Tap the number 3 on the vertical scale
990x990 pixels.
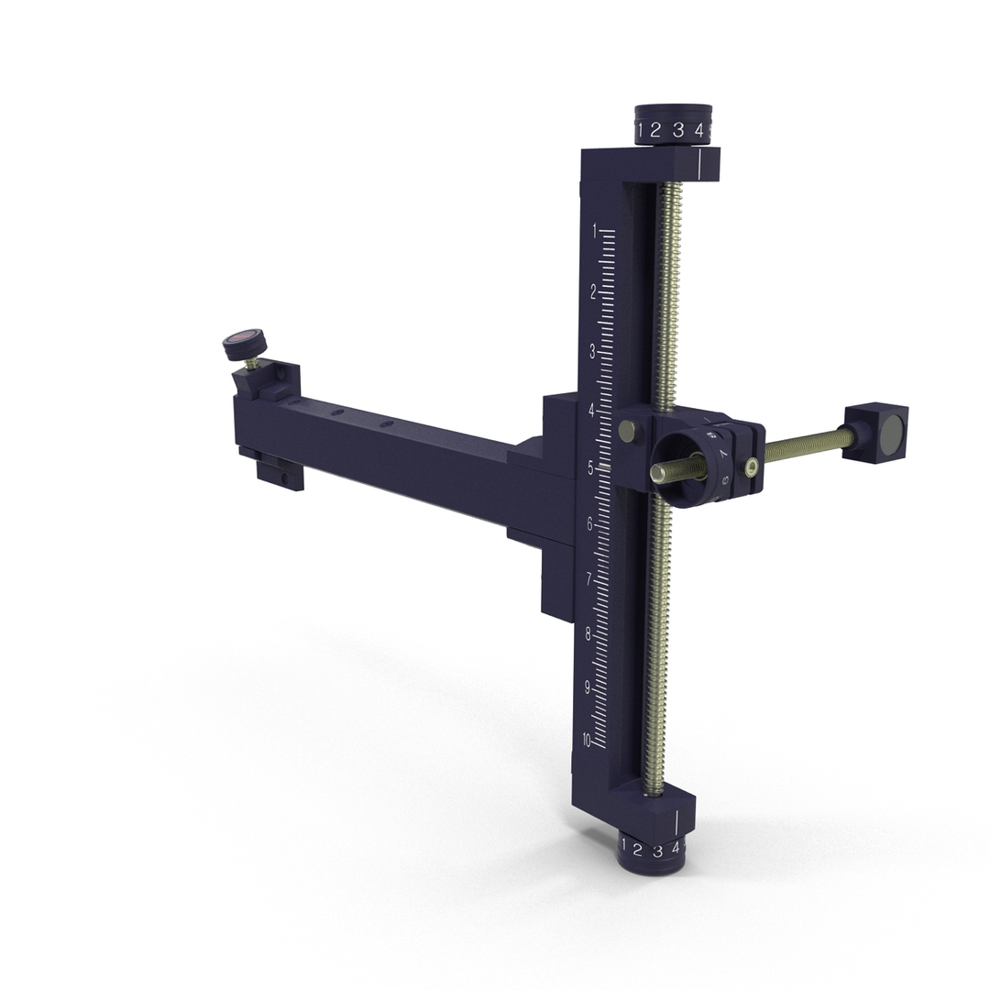[592, 351]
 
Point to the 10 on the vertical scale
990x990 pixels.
[587, 741]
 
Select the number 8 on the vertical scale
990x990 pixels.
[588, 634]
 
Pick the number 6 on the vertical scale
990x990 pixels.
[590, 523]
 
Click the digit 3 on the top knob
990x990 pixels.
[678, 130]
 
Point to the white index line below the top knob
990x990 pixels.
[699, 164]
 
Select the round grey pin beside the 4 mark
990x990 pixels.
[629, 431]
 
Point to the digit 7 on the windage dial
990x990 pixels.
[722, 454]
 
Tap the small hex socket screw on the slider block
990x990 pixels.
[752, 468]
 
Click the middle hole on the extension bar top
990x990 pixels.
[338, 414]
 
